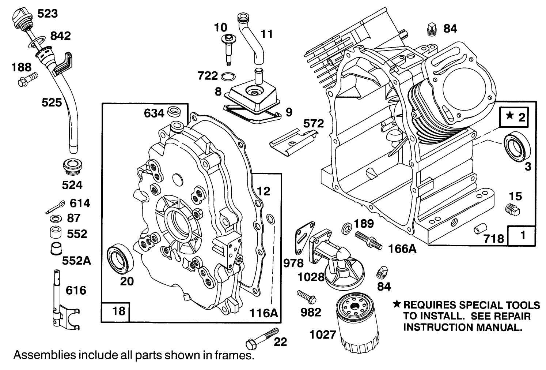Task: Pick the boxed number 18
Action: [115, 311]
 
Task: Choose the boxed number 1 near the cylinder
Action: [522, 235]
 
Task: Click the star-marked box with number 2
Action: [514, 117]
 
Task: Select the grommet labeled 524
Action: [73, 168]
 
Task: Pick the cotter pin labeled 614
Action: [56, 207]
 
